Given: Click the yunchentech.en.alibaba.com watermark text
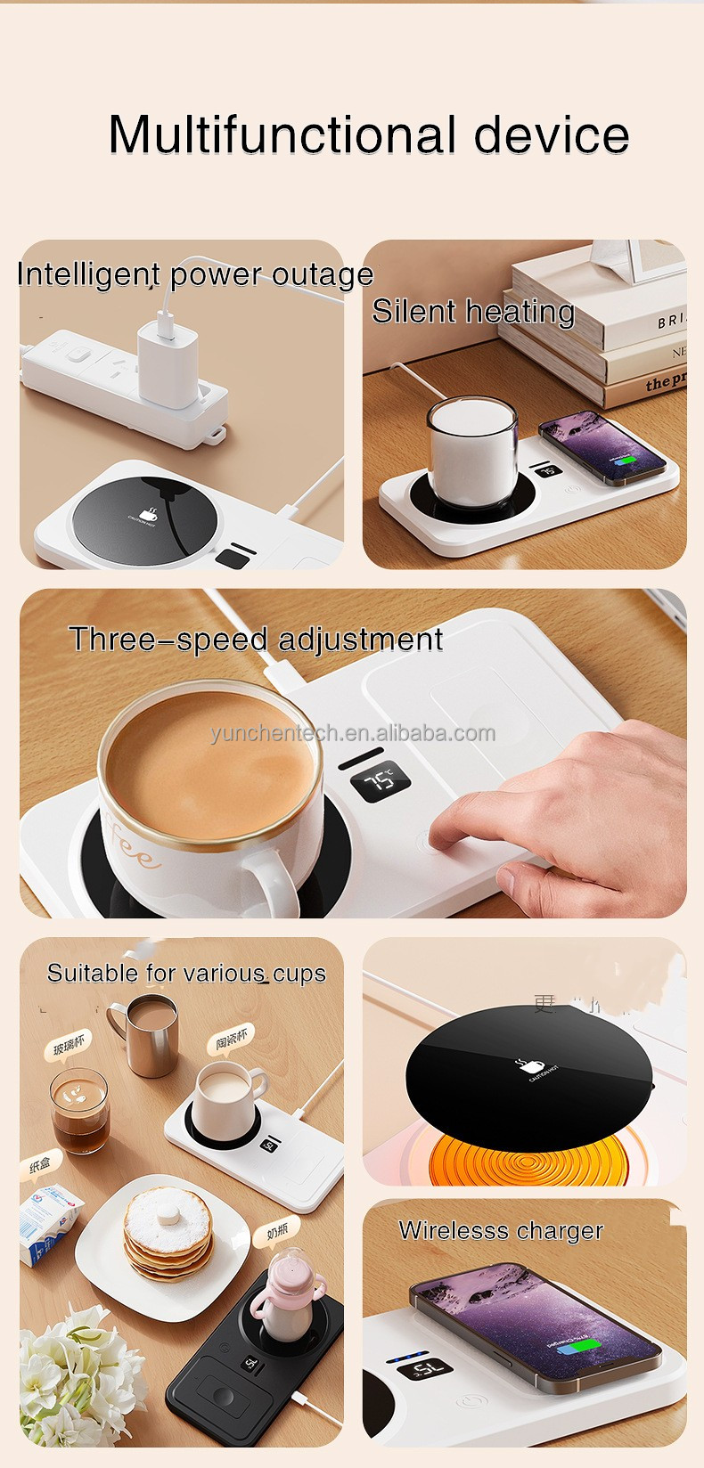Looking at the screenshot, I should click(x=353, y=733).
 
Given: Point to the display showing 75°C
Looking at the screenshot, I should click(x=381, y=781).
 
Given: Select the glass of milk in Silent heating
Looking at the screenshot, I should click(x=471, y=452).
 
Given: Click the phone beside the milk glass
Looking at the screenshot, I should click(x=602, y=448).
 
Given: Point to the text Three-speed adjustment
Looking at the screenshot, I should click(x=256, y=640).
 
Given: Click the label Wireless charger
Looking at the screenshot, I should click(x=501, y=1231).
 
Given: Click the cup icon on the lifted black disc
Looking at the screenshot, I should click(x=524, y=1065).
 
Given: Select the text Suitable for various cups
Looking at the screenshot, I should click(x=186, y=973).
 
